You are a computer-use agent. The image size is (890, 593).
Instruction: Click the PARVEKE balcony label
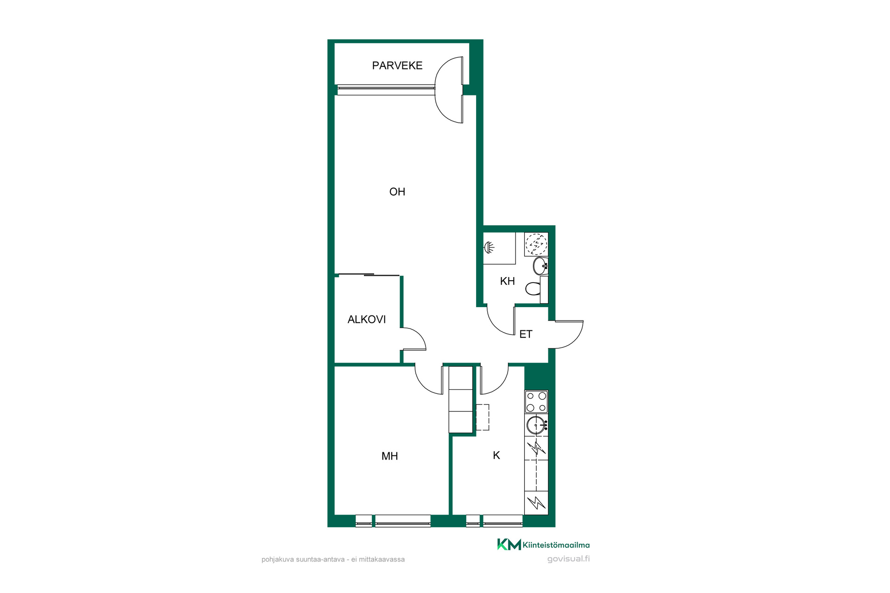[x=397, y=66]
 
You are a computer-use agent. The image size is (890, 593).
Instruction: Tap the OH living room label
[x=397, y=192]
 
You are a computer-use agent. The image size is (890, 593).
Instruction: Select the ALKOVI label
[x=367, y=319]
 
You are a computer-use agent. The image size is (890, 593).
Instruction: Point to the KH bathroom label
[x=508, y=281]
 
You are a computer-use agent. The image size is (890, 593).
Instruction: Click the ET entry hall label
[x=526, y=334]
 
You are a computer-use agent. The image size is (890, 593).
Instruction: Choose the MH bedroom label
[x=390, y=456]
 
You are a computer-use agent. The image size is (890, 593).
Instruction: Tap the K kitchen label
[x=496, y=455]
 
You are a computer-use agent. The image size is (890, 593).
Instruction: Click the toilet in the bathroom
[x=537, y=289]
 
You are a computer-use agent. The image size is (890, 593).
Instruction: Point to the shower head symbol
[x=489, y=248]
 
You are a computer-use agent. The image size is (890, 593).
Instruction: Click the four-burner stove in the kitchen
[x=536, y=402]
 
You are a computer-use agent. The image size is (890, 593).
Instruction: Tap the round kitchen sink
[x=537, y=425]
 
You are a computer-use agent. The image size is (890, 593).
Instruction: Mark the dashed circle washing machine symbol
[x=536, y=244]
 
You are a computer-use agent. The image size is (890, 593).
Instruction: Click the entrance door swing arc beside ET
[x=575, y=341]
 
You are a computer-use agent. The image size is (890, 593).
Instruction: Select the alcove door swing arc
[x=418, y=334]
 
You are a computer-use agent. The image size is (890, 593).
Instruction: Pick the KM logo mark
[x=509, y=544]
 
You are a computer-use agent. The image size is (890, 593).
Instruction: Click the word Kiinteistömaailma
[x=556, y=545]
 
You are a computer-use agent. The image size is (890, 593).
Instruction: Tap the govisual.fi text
[x=568, y=559]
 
